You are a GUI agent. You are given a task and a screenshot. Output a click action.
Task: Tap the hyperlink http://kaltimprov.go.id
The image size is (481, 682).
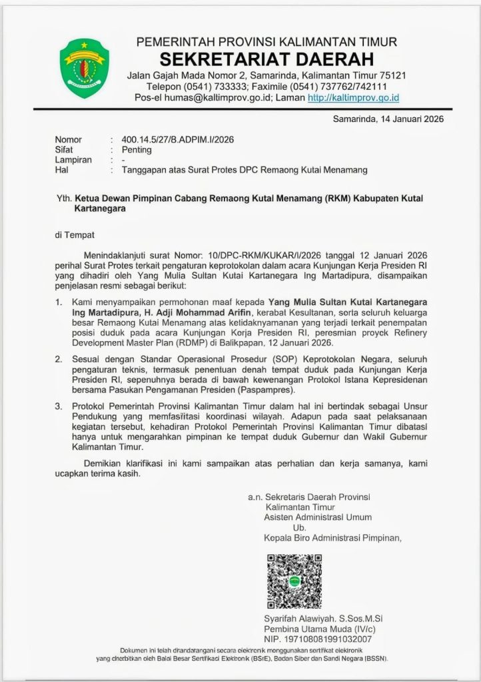pos(353,98)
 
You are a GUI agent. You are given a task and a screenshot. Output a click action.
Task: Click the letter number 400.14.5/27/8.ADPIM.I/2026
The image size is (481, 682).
pos(178,140)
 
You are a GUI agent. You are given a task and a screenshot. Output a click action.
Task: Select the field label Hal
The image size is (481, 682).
pos(62,170)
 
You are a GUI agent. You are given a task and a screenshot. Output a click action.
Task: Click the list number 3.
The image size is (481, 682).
pos(58,406)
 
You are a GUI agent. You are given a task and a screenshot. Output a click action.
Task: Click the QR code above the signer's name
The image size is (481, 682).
pos(294,582)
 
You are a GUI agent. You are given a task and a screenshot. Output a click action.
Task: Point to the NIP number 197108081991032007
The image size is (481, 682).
pos(326,639)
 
